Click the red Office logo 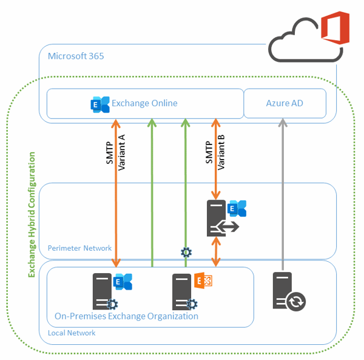click(335, 28)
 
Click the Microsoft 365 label click(76, 56)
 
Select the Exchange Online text click(144, 103)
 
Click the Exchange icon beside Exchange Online click(100, 104)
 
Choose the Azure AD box click(285, 103)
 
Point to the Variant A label click(122, 152)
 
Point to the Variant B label click(221, 152)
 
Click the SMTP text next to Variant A click(110, 152)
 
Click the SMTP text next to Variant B click(209, 152)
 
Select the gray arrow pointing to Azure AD click(283, 194)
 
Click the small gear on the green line click(186, 252)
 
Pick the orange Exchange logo click(203, 280)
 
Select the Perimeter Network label click(79, 248)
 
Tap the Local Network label click(72, 333)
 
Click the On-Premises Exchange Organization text click(127, 316)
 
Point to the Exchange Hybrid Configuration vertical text click(32, 215)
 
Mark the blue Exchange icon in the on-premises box click(123, 282)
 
